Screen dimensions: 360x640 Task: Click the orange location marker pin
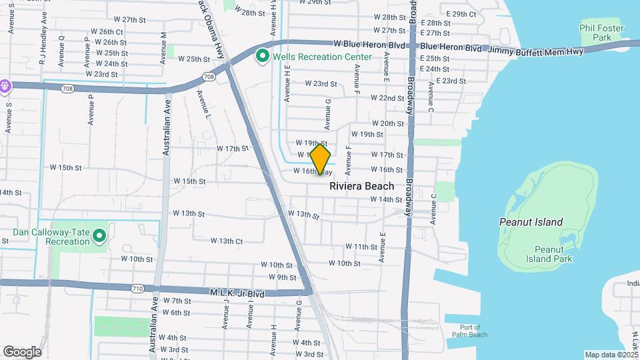(321, 159)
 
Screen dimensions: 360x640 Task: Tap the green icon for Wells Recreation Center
(263, 57)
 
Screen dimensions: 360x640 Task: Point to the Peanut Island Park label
(554, 254)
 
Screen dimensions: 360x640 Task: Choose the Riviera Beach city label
(362, 186)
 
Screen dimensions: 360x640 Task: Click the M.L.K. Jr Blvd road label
(237, 293)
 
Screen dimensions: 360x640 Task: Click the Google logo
(22, 351)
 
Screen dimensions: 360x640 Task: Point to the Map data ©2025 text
(611, 355)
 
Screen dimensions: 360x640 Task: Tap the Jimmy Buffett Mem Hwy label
(535, 51)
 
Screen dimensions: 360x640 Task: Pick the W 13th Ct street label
(227, 241)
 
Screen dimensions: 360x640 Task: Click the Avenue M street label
(164, 47)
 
